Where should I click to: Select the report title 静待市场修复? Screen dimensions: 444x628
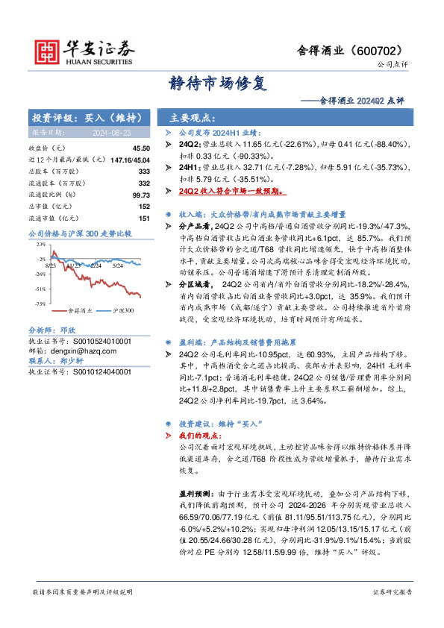[222, 84]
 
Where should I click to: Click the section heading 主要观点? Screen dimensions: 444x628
[193, 117]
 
